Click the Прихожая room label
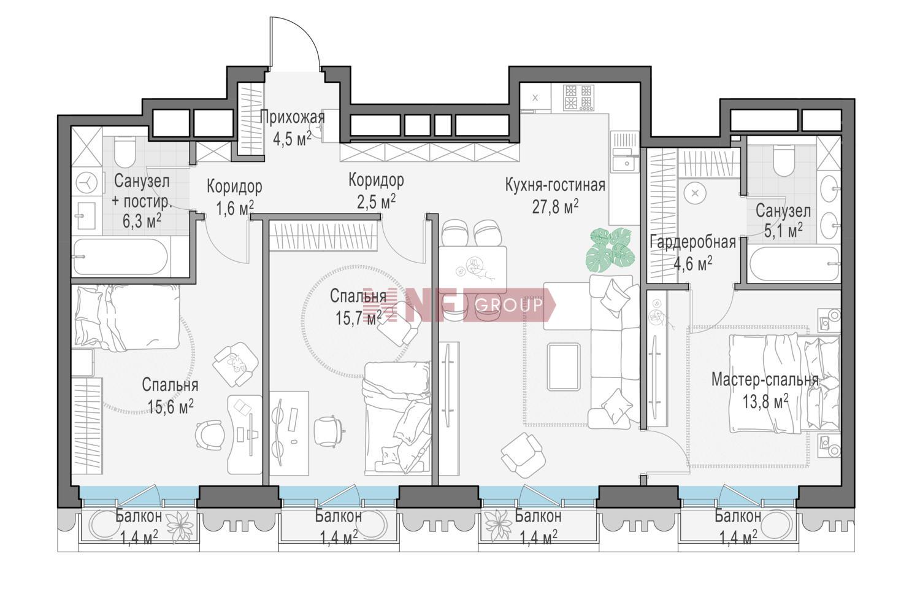tap(292, 118)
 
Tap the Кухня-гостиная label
tap(555, 185)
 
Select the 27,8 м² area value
tap(555, 206)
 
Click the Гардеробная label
tap(692, 242)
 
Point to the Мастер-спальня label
tap(765, 380)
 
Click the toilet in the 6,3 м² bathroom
tap(125, 152)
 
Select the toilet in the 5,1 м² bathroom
tap(784, 161)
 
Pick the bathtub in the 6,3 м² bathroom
tap(120, 257)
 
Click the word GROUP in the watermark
tap(510, 305)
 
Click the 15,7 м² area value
tap(358, 317)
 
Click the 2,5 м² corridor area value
tap(376, 202)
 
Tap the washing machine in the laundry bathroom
tap(87, 182)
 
